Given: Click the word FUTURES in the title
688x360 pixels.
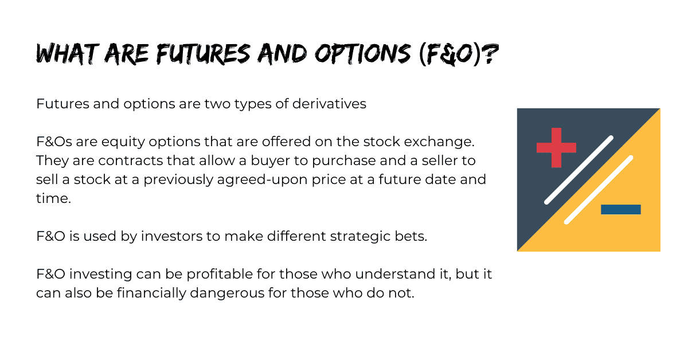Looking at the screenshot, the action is [203, 54].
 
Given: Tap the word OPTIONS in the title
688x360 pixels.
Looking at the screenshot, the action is [363, 54].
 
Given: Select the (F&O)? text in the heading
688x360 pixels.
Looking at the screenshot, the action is [459, 54].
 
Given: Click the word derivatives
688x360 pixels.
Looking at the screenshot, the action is [329, 104].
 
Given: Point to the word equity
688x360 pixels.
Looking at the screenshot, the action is [123, 142].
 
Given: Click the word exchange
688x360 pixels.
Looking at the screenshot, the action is [439, 142].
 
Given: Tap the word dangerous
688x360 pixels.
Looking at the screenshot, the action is [227, 294].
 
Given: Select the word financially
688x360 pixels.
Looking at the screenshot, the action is [151, 293].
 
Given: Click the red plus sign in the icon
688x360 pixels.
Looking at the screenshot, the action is [556, 148].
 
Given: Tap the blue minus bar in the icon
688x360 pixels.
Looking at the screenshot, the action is [621, 209].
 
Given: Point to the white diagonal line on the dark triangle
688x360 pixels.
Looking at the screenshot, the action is [578, 170].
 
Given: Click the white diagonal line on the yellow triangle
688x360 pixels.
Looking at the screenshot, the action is [599, 190].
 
